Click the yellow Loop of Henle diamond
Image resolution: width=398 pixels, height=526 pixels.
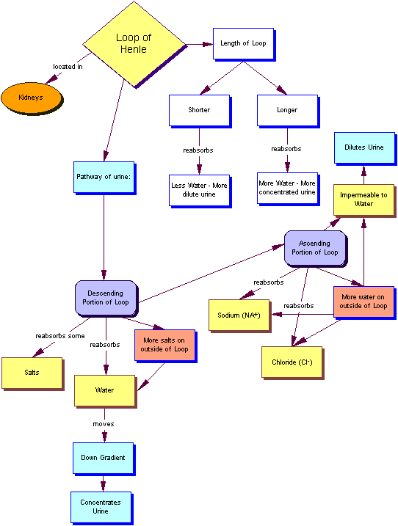point(134,44)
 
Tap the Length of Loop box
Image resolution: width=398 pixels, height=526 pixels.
point(243,44)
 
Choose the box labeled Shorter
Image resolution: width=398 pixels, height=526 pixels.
point(198,110)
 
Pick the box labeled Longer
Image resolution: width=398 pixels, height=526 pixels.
point(286,110)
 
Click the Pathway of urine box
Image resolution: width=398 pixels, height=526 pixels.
point(104,177)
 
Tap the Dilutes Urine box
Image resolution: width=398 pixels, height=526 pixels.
point(364,147)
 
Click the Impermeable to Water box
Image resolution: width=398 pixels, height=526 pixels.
point(364,200)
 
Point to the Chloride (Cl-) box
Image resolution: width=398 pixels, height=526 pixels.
point(292,362)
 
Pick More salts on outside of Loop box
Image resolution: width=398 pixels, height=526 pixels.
point(165,345)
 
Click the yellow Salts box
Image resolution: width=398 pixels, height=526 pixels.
point(32,373)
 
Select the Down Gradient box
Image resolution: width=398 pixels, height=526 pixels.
point(103,458)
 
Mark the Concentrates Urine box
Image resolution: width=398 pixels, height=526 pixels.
point(101,507)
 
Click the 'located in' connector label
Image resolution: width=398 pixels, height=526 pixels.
point(68,67)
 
